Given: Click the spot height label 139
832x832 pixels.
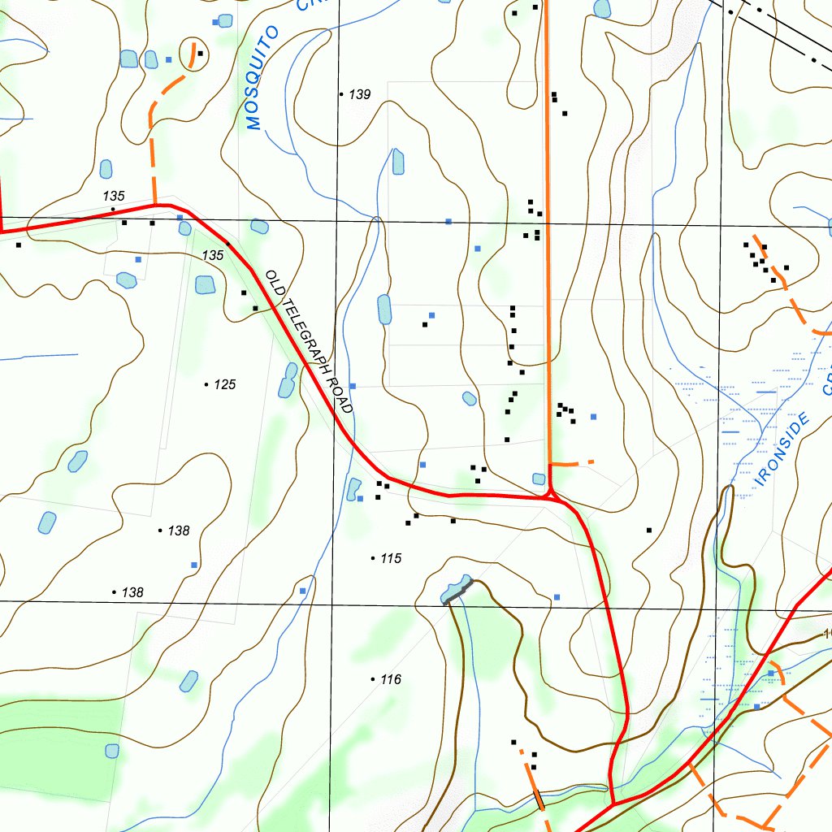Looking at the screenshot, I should (x=359, y=95).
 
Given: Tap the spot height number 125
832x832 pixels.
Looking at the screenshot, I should (x=224, y=384).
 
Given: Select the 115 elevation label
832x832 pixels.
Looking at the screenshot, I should (x=391, y=559).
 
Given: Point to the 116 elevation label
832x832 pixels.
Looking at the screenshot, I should (x=391, y=680).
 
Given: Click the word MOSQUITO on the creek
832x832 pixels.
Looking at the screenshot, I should (x=262, y=79).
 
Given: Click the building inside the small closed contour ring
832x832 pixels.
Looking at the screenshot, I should (x=200, y=54).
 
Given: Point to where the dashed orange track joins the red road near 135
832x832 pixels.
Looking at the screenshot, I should (x=154, y=205).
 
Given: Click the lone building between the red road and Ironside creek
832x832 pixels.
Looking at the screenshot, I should (x=649, y=530).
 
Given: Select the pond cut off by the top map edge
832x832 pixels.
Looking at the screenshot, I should (x=602, y=8).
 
